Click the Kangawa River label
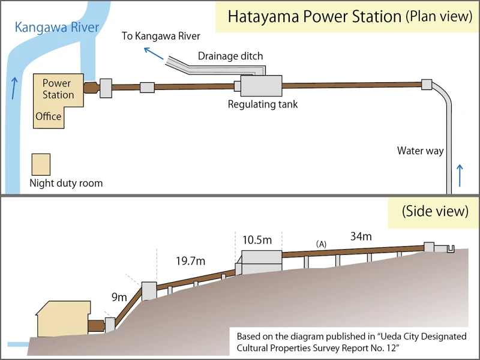coord(57,28)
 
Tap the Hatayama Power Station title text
coord(315,16)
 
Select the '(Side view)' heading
coord(435,211)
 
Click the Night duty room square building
coord(41,164)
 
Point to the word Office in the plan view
coord(49,116)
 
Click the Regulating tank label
coord(263,104)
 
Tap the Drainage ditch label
coord(230,56)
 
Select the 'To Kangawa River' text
coord(161,36)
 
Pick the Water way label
coord(420,151)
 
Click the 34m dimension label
coord(361,236)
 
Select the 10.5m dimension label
coord(257,240)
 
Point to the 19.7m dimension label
coord(190,261)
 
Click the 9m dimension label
coord(119,297)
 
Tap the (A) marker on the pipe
coord(321,244)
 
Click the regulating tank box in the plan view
coord(261,86)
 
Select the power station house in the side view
coord(63,320)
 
